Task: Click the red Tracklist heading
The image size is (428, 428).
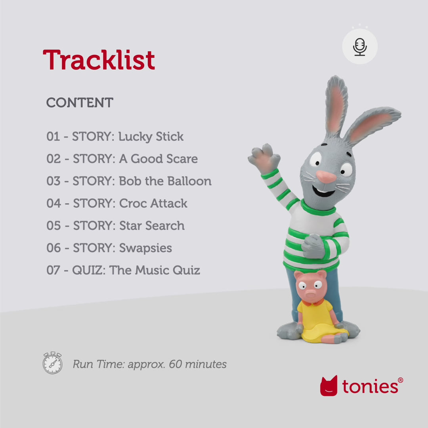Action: pos(99,60)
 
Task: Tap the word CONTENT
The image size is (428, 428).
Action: pos(80,103)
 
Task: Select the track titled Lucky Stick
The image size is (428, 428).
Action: pos(115,137)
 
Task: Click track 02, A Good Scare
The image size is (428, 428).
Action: pos(122,159)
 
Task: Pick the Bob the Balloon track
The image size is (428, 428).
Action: pos(129,181)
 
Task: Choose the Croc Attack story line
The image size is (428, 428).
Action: pos(117,203)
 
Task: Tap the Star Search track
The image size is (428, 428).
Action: pos(115,225)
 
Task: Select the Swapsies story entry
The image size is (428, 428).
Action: pos(109,248)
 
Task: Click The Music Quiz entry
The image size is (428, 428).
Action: pos(123,270)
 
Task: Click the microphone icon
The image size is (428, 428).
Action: pos(360,47)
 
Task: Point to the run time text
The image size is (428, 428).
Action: pos(149,364)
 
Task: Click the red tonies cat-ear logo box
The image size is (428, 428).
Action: pos(329,386)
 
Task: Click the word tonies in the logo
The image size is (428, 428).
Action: pos(370,386)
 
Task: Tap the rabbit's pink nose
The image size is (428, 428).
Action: pos(326,177)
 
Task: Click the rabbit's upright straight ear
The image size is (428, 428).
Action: pos(336,105)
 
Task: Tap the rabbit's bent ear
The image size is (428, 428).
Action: pos(373,125)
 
